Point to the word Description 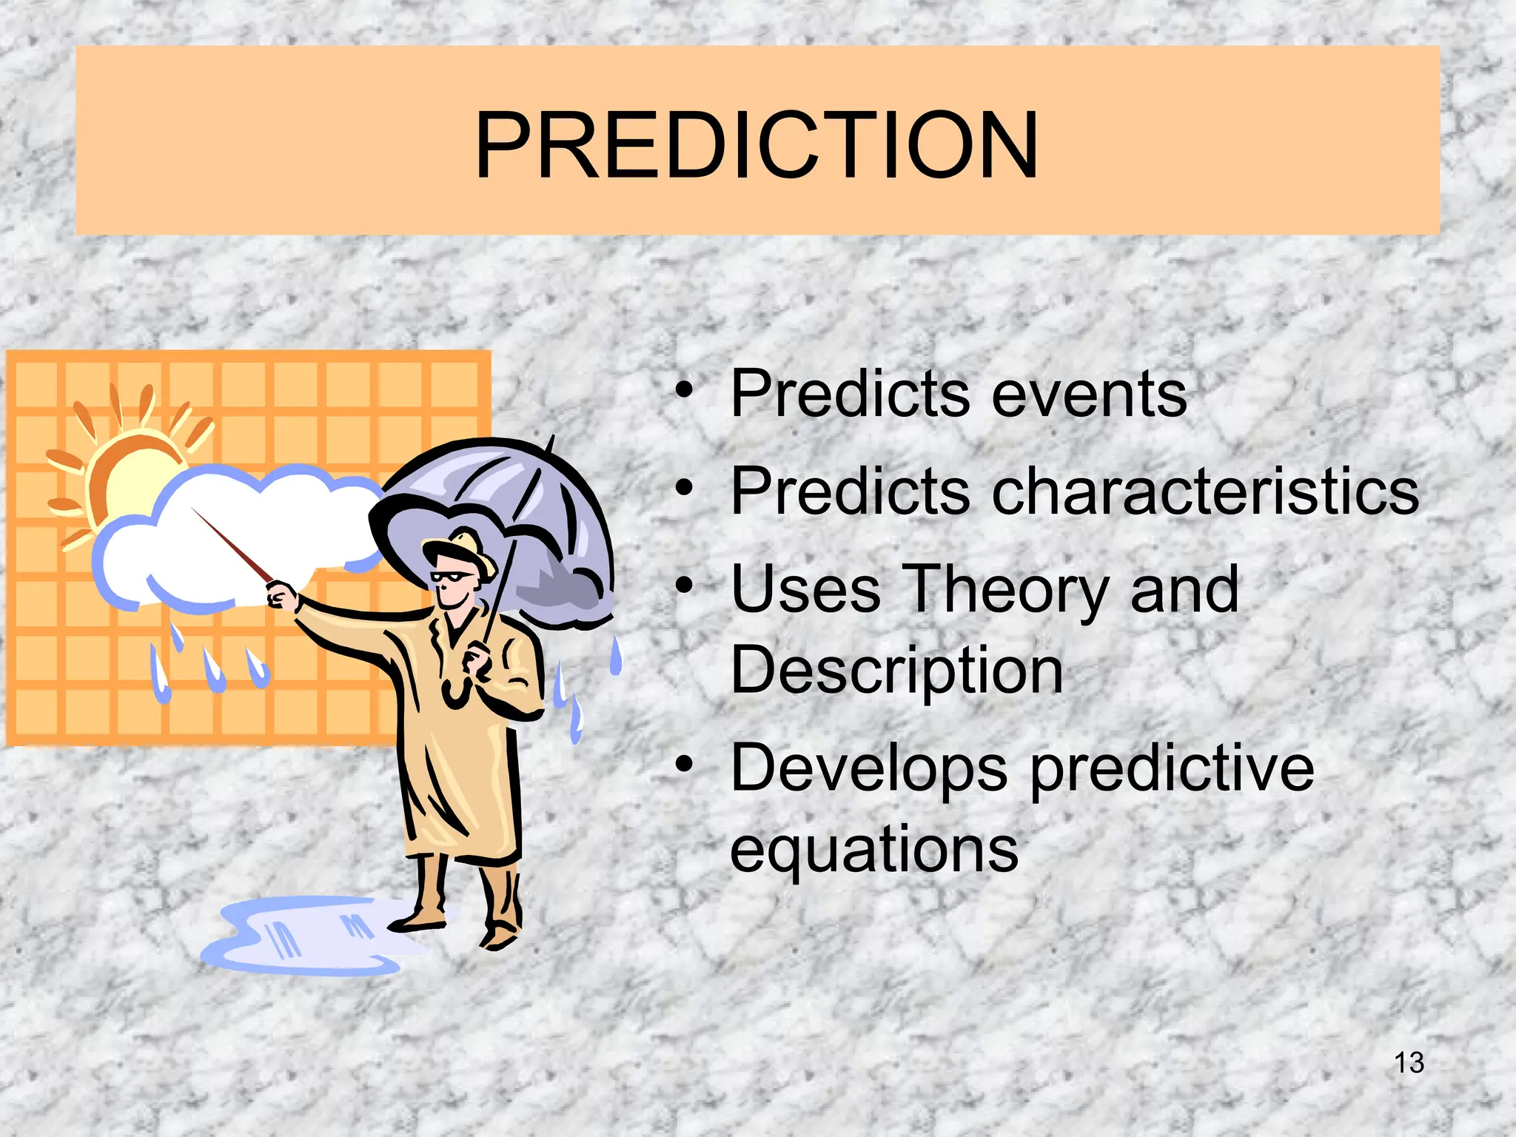click(x=896, y=670)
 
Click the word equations click(x=873, y=849)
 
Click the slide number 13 click(x=1409, y=1063)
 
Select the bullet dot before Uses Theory click(x=685, y=587)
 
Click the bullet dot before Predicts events click(x=685, y=389)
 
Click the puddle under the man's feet click(x=311, y=936)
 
